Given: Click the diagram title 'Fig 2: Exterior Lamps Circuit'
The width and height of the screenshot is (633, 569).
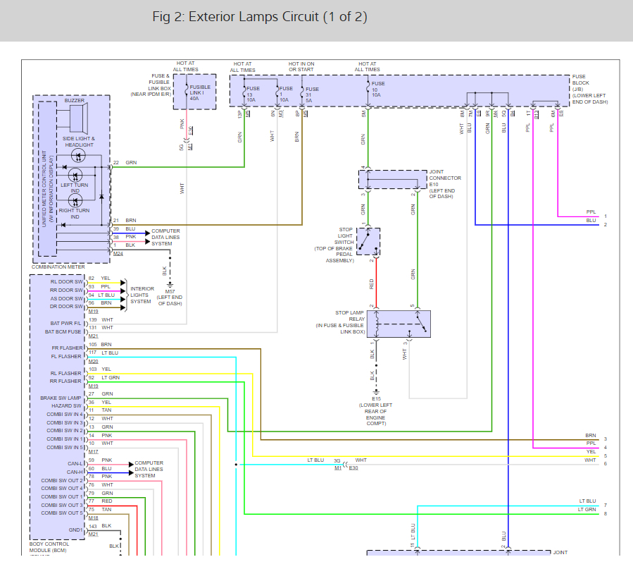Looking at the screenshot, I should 259,17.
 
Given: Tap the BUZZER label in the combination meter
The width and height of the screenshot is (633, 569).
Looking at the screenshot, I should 74,101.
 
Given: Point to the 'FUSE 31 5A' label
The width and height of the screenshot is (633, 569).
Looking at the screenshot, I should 312,94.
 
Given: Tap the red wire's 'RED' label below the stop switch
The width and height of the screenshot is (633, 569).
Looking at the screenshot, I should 372,283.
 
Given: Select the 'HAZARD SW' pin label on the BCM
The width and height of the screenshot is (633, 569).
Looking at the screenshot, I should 68,406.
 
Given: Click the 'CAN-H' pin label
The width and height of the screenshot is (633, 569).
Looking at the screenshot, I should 75,472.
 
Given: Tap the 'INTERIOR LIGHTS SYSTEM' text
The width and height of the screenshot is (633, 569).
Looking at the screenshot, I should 142,295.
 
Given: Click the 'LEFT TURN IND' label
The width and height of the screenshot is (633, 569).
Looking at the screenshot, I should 75,188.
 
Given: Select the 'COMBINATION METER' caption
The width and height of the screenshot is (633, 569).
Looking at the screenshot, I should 58,266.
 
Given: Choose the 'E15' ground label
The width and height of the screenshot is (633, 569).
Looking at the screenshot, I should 376,398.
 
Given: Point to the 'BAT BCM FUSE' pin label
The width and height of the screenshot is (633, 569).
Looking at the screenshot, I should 64,331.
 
